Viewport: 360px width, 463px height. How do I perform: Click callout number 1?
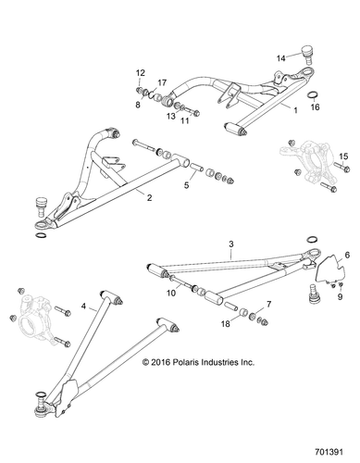pyautogui.click(x=295, y=109)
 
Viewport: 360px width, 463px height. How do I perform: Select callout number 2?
pyautogui.click(x=148, y=195)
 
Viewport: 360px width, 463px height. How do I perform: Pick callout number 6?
pyautogui.click(x=347, y=254)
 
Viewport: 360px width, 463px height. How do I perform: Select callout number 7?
pyautogui.click(x=268, y=304)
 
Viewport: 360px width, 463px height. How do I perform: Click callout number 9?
pyautogui.click(x=339, y=297)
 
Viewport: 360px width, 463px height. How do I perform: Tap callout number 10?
pyautogui.click(x=170, y=294)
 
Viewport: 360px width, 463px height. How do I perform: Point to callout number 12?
pyautogui.click(x=141, y=72)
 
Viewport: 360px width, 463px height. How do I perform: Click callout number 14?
pyautogui.click(x=281, y=57)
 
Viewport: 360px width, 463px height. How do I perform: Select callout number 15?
pyautogui.click(x=344, y=156)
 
